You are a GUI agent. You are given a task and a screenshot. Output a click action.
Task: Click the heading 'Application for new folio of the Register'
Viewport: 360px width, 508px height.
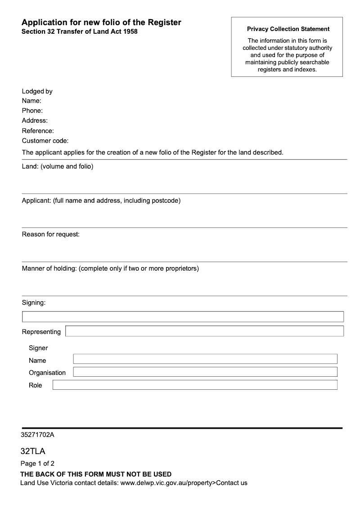pyautogui.click(x=101, y=22)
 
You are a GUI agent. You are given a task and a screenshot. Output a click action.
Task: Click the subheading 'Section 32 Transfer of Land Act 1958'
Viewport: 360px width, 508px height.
pyautogui.click(x=80, y=32)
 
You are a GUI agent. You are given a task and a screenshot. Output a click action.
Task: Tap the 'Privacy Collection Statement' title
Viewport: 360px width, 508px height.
pyautogui.click(x=288, y=29)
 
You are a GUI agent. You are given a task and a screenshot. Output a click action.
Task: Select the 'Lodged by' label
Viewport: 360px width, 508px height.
pyautogui.click(x=37, y=91)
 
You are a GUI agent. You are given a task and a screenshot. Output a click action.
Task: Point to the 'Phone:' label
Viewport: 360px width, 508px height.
pyautogui.click(x=32, y=111)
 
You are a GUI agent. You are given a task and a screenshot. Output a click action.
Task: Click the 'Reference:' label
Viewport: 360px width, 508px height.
pyautogui.click(x=38, y=131)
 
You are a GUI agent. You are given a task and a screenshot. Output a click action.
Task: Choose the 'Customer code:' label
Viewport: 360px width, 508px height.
pyautogui.click(x=45, y=141)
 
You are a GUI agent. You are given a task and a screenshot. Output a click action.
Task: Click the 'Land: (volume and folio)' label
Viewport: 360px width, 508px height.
pyautogui.click(x=58, y=167)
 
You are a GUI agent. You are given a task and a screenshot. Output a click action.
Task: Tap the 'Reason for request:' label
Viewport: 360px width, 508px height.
pyautogui.click(x=51, y=234)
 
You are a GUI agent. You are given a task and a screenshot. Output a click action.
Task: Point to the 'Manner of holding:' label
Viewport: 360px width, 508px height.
pyautogui.click(x=50, y=268)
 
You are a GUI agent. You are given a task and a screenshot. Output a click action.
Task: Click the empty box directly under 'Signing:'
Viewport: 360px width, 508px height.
pyautogui.click(x=183, y=316)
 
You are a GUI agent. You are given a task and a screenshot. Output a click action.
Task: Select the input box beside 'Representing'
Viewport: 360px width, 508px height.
pyautogui.click(x=204, y=331)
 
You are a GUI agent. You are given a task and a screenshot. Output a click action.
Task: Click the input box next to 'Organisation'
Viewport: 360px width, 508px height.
pyautogui.click(x=205, y=372)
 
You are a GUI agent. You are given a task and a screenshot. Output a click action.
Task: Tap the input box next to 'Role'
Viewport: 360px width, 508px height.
pyautogui.click(x=195, y=385)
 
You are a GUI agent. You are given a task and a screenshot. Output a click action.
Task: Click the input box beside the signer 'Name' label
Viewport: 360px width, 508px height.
pyautogui.click(x=205, y=359)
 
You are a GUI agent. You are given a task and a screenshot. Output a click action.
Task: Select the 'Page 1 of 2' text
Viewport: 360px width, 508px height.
pyautogui.click(x=37, y=463)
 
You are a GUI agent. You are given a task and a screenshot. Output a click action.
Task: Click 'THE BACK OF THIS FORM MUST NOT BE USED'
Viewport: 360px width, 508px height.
pyautogui.click(x=96, y=474)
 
